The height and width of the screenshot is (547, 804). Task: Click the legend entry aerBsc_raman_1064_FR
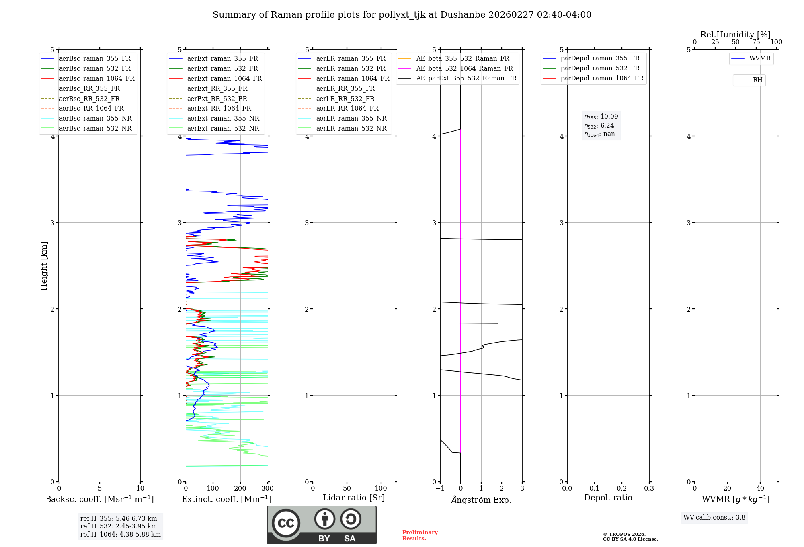click(x=96, y=78)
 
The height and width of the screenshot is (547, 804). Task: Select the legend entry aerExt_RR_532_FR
click(x=217, y=99)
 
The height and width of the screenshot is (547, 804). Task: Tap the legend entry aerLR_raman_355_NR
click(x=351, y=118)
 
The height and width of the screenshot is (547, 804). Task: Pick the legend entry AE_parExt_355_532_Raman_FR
click(x=466, y=78)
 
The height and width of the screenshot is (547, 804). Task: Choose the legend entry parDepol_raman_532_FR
click(x=600, y=68)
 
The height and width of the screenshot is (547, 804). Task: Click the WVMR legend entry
click(x=760, y=58)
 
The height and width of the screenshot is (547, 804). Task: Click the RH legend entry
click(x=757, y=80)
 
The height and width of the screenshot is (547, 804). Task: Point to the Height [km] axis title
click(x=44, y=265)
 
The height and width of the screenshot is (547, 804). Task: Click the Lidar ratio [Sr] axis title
click(x=354, y=498)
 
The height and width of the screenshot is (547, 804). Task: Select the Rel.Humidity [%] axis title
click(x=735, y=35)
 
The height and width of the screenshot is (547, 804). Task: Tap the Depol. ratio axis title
click(x=608, y=498)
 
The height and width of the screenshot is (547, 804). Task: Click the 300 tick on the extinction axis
click(x=268, y=489)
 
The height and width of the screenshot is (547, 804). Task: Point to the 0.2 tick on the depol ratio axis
click(x=622, y=489)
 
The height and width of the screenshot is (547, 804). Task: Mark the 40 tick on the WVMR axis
click(x=760, y=489)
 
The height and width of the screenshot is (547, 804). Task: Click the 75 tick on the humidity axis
click(x=756, y=42)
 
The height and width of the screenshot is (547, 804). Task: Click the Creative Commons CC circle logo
click(x=286, y=523)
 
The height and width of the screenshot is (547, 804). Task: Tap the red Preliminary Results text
click(x=420, y=535)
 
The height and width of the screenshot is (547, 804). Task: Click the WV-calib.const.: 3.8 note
click(x=714, y=518)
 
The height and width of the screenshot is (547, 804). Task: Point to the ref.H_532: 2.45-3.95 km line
click(x=119, y=526)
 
